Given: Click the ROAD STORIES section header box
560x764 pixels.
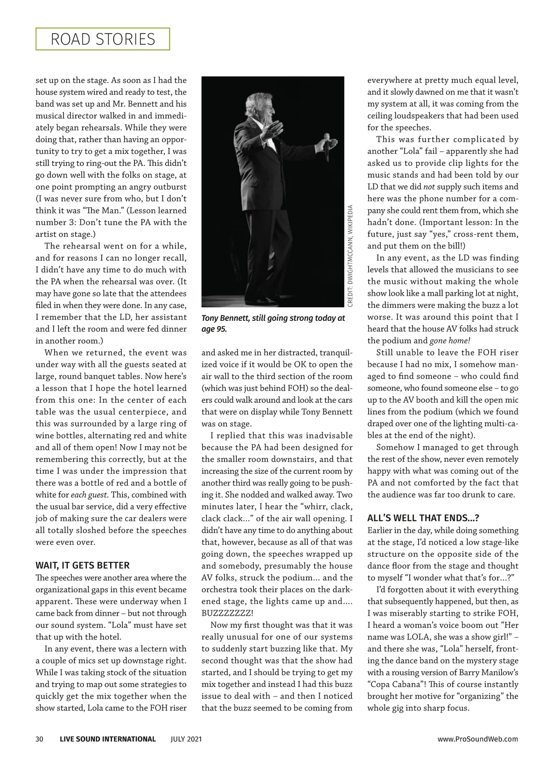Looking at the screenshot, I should pos(103,39).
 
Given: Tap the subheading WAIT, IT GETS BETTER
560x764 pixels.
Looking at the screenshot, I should pos(83,565).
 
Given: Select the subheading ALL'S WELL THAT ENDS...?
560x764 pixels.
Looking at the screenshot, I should pos(423,518).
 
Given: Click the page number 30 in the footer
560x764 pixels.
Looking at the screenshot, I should pos(40,739).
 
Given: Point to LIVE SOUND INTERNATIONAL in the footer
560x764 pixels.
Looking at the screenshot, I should pos(108,739).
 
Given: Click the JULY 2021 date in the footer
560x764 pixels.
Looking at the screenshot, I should pos(186,739).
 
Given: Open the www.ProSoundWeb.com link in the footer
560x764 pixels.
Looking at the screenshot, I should pos(477,739).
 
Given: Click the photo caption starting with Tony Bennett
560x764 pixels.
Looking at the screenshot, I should pos(273,323).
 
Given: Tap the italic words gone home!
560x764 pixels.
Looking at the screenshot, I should pos(450,341).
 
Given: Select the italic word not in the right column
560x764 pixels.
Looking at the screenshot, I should pos(429,187).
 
